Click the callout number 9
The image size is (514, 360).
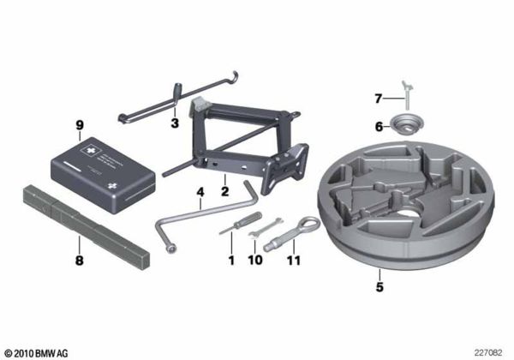[x=79, y=125]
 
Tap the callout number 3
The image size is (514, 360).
[x=174, y=123]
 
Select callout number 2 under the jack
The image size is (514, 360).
[x=224, y=180]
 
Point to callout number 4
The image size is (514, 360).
[x=199, y=193]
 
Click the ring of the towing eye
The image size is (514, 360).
[x=308, y=225]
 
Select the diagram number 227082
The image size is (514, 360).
[x=490, y=352]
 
